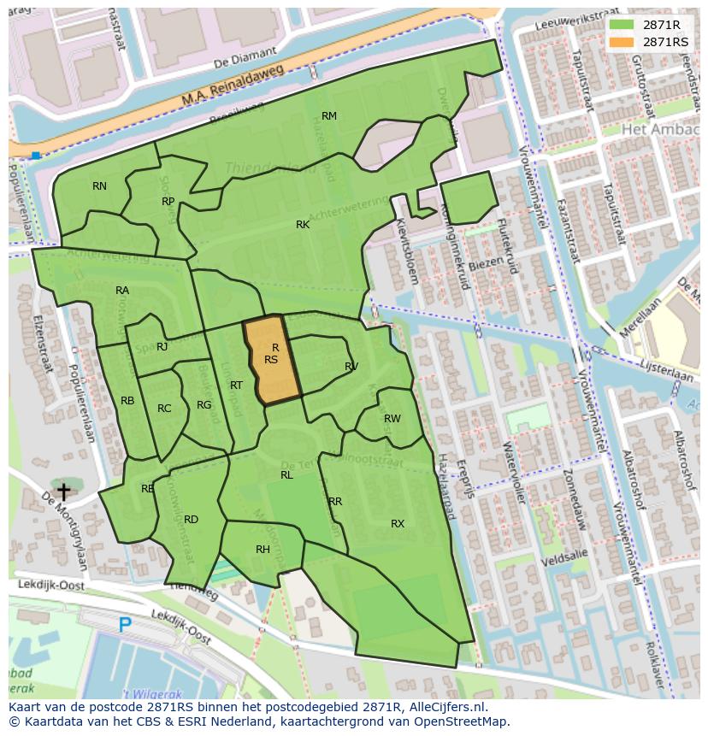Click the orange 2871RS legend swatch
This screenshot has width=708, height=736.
(622, 42)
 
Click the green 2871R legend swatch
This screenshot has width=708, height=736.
(622, 25)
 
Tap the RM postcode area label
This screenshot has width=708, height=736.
(328, 116)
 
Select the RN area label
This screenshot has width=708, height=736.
(100, 186)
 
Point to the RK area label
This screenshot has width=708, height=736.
(303, 225)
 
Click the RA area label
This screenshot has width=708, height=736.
(122, 291)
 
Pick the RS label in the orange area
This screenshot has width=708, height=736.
(271, 360)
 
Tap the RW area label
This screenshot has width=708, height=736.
(392, 419)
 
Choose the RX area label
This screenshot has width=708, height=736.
(398, 524)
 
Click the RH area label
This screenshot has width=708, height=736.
(263, 550)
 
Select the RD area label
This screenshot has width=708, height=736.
(191, 520)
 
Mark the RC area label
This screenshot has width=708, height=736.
(164, 409)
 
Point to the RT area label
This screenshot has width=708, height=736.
(236, 386)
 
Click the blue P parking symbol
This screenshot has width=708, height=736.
(125, 625)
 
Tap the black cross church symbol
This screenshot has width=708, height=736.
(63, 491)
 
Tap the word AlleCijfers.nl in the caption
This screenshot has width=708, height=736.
(445, 707)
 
